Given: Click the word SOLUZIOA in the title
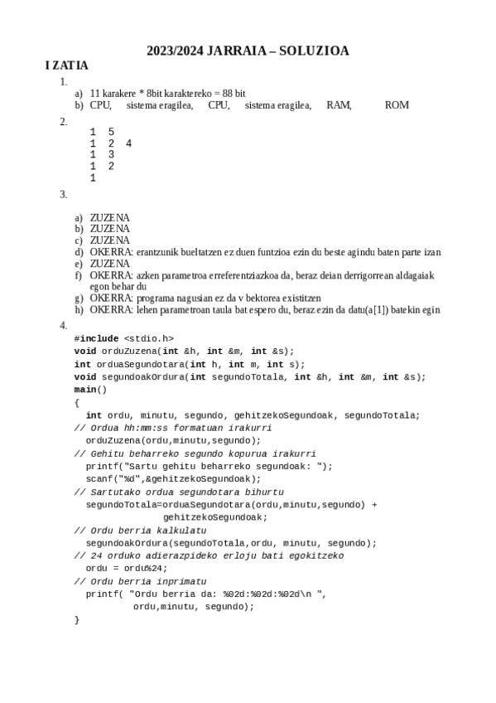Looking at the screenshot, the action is tap(315, 51).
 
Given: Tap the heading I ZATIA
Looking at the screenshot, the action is tap(67, 65).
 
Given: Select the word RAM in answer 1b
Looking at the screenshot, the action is tap(339, 105).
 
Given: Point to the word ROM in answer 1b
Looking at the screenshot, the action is tap(397, 105).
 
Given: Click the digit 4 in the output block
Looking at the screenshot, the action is tap(128, 143).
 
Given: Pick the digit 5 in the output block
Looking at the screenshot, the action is tap(111, 132).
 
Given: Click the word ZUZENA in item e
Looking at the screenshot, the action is tap(109, 264).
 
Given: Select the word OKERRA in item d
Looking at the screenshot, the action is tap(111, 252).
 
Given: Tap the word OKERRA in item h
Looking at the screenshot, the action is tap(111, 310).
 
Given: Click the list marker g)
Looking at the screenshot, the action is tap(79, 298).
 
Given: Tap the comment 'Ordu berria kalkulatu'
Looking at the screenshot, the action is tap(141, 530).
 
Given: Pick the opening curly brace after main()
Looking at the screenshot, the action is tap(76, 402).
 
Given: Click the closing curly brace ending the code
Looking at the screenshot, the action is tap(76, 619).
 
